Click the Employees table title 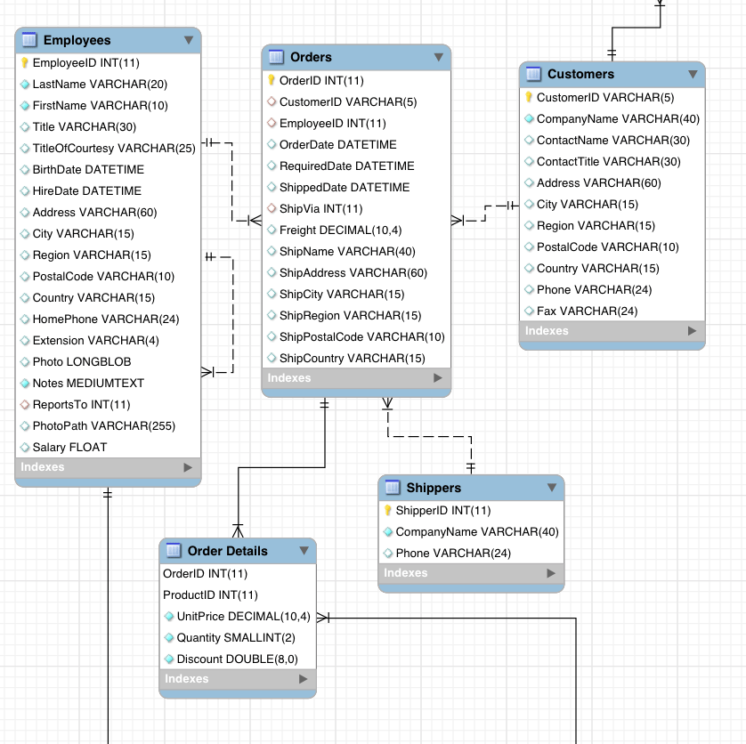point(77,40)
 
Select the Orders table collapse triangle point(438,57)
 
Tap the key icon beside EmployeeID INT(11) point(25,63)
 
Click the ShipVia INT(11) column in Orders point(320,208)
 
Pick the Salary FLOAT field point(69,447)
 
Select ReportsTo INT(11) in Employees point(81,404)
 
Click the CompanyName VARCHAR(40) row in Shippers point(476,531)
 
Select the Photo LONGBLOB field point(81,361)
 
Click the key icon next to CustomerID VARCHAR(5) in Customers point(528,97)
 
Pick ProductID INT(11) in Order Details point(210,594)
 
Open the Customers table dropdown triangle point(693,74)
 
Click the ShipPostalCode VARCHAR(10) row point(361,336)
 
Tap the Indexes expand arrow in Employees point(187,466)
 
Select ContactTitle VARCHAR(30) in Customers point(608,161)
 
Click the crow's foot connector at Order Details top point(238,530)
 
